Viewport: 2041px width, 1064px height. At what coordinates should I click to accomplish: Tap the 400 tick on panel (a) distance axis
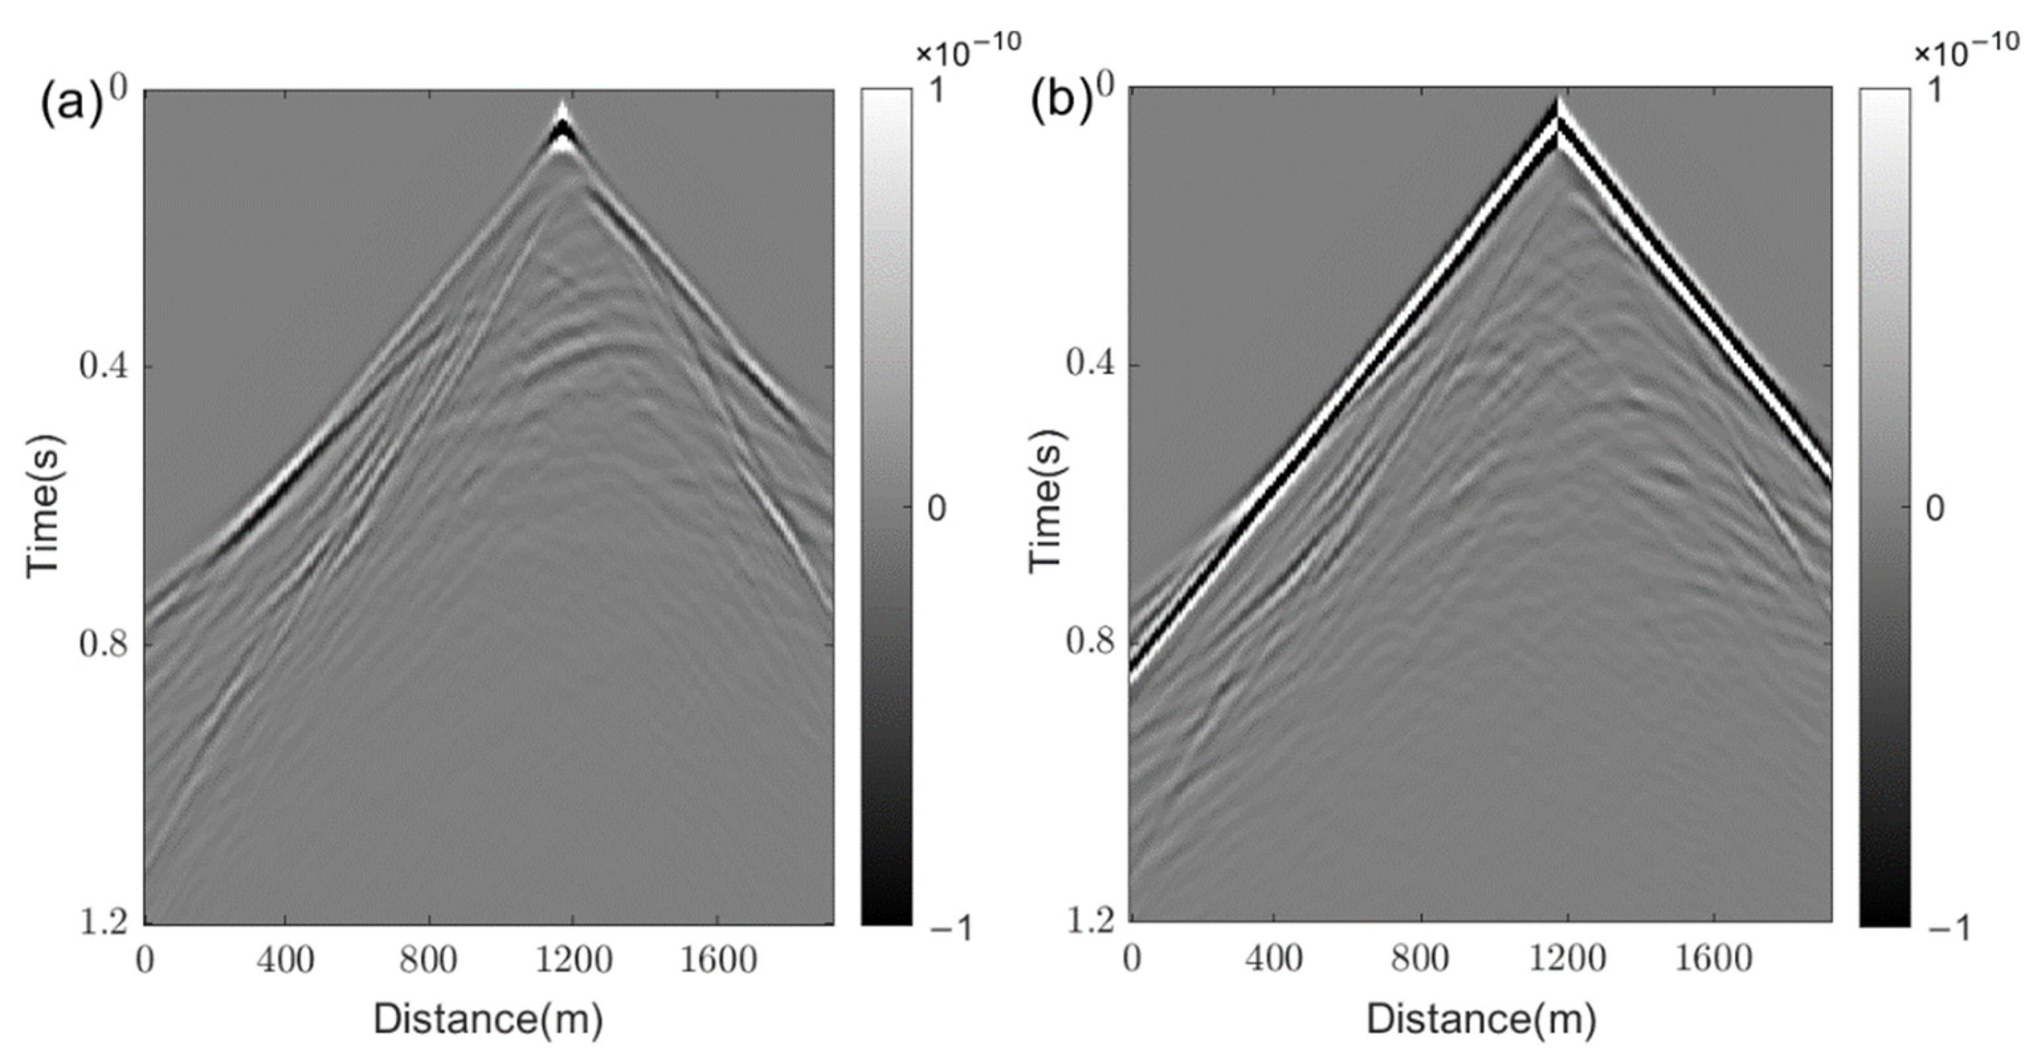pos(285,961)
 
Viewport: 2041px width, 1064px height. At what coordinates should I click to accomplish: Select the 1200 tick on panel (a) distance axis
pos(573,961)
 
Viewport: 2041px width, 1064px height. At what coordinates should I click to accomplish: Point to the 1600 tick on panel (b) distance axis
pos(1714,959)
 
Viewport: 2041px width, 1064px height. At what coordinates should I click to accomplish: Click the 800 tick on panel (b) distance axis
pos(1421,959)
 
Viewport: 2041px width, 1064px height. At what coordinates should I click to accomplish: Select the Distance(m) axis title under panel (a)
pos(488,1020)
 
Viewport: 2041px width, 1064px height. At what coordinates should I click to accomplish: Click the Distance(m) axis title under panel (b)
pos(1480,1020)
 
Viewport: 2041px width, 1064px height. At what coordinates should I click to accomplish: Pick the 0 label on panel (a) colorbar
pos(937,508)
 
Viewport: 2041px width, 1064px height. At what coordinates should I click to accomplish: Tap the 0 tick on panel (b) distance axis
pos(1132,959)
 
